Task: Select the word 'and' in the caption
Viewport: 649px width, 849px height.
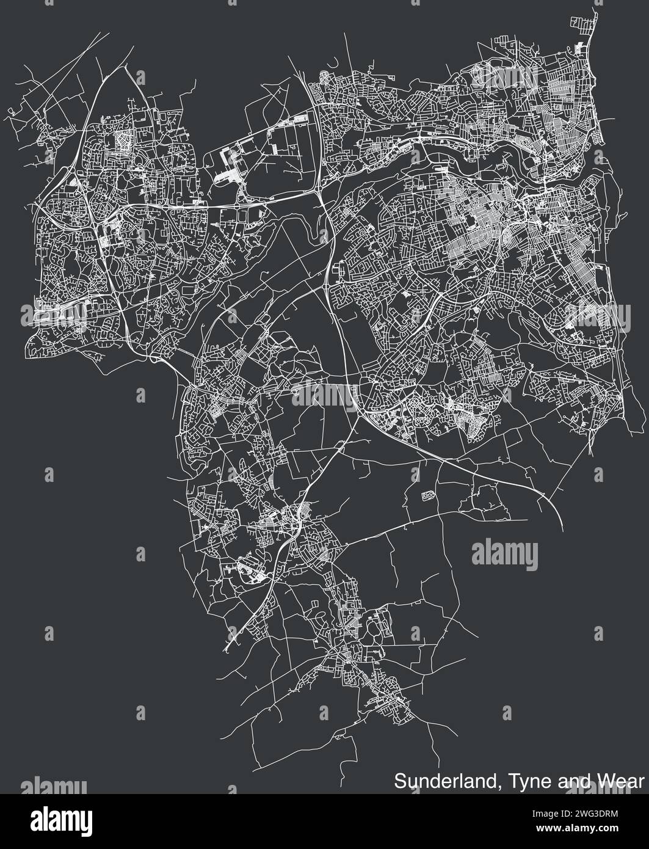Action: [x=563, y=781]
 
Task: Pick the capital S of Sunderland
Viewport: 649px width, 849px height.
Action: [x=400, y=781]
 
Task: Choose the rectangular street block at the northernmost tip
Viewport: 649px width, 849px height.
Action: [x=582, y=24]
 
